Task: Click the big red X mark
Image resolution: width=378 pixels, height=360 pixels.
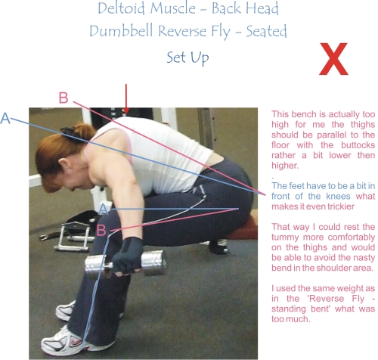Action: pos(333,59)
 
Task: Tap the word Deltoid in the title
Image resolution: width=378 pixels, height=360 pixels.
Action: pos(121,8)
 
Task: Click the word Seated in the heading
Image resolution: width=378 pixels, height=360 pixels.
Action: pos(266,31)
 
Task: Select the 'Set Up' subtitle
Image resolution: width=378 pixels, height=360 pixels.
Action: pos(187,57)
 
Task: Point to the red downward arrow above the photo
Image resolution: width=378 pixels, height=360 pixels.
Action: pos(126,99)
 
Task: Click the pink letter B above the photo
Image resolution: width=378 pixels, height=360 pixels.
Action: pos(64,98)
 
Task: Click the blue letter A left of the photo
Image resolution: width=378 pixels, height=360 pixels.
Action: pos(5,118)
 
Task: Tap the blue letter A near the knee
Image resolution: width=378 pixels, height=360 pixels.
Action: pos(104,209)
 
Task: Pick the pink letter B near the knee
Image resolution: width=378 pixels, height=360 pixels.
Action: pos(101,230)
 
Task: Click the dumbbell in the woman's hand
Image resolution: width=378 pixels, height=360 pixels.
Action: pos(126,262)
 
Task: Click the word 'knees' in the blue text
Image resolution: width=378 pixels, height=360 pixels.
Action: pos(338,197)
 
